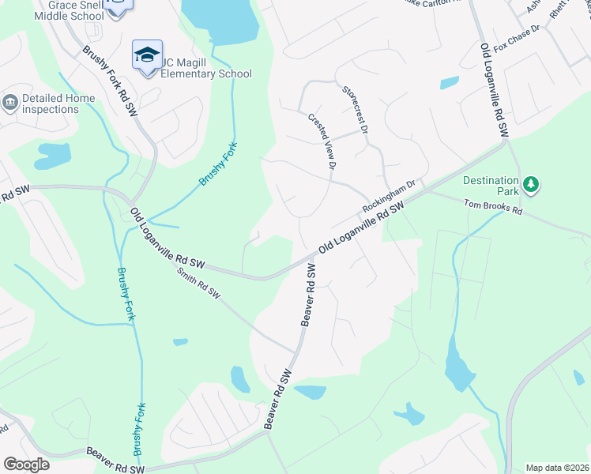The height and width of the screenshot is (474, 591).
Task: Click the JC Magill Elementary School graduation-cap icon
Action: [147, 55]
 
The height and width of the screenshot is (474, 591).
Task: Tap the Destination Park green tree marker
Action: [533, 186]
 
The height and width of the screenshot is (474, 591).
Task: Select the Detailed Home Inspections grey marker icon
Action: [10, 102]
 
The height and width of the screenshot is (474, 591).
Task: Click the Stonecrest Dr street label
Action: [356, 111]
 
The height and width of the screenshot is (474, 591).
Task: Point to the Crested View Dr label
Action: [323, 141]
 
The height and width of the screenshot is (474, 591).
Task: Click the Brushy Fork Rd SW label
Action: [110, 81]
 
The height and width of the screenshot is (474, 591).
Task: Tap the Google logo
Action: [26, 465]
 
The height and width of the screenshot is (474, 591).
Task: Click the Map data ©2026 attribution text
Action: [556, 468]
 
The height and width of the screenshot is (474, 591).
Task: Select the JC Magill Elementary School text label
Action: [206, 68]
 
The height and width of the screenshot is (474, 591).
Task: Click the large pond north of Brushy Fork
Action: [220, 19]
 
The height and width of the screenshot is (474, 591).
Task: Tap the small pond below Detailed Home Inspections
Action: [53, 154]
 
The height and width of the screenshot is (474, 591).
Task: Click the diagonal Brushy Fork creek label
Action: [219, 164]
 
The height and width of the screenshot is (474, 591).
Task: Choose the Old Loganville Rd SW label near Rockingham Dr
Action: [361, 227]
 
